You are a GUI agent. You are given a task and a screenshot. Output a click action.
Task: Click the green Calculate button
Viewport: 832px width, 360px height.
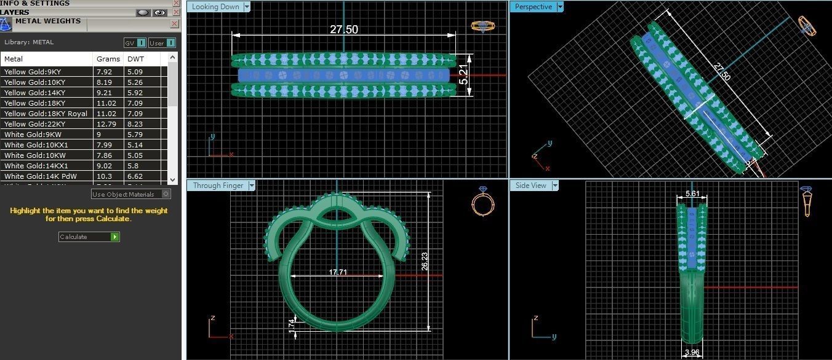(114, 237)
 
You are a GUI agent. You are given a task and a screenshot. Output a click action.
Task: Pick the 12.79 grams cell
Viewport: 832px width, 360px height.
(105, 124)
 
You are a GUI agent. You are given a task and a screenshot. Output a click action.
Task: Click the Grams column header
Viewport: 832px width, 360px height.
(104, 59)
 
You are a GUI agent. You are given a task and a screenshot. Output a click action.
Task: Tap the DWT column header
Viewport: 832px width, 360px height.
(134, 59)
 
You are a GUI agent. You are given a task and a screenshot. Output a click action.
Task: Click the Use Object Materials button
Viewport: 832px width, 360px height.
(130, 194)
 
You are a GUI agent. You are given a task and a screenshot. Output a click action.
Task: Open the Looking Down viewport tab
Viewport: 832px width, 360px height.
(215, 7)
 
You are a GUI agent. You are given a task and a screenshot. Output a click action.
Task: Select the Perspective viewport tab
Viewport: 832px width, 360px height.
(534, 7)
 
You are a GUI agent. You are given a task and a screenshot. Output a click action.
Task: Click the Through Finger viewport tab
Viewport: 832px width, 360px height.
(218, 186)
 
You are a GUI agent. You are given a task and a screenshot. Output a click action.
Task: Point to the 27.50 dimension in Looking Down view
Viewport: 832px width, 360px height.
(343, 29)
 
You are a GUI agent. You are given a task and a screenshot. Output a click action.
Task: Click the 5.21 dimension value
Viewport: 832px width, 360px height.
(464, 75)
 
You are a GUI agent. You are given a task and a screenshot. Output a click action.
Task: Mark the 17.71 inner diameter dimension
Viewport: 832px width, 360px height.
(338, 272)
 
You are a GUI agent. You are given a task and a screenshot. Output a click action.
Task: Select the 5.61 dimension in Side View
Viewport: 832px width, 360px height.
(692, 194)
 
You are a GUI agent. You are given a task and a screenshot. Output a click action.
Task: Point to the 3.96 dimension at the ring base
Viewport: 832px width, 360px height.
(692, 353)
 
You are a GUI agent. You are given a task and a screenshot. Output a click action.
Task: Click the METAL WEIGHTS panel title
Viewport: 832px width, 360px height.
(48, 21)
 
